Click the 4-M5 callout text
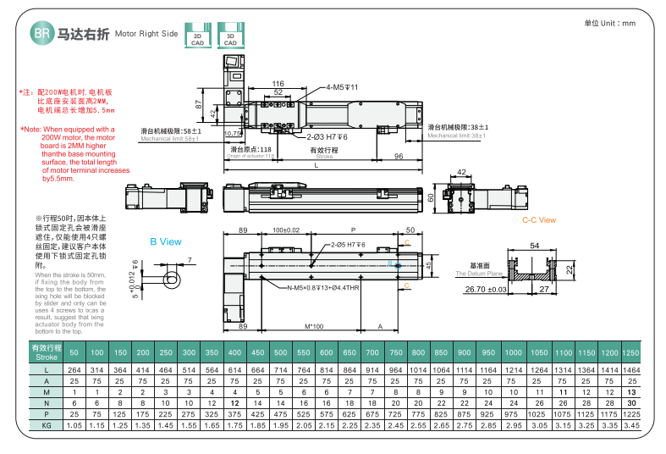coord(344,87)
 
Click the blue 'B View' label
coord(165,241)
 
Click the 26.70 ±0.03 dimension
coord(486,290)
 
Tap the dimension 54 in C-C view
coord(534,246)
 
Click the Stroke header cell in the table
coord(47,352)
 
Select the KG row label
coord(47,425)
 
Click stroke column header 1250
coord(630,352)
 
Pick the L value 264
coord(74,370)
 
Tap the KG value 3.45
coord(630,425)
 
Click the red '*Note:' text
coord(31,130)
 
